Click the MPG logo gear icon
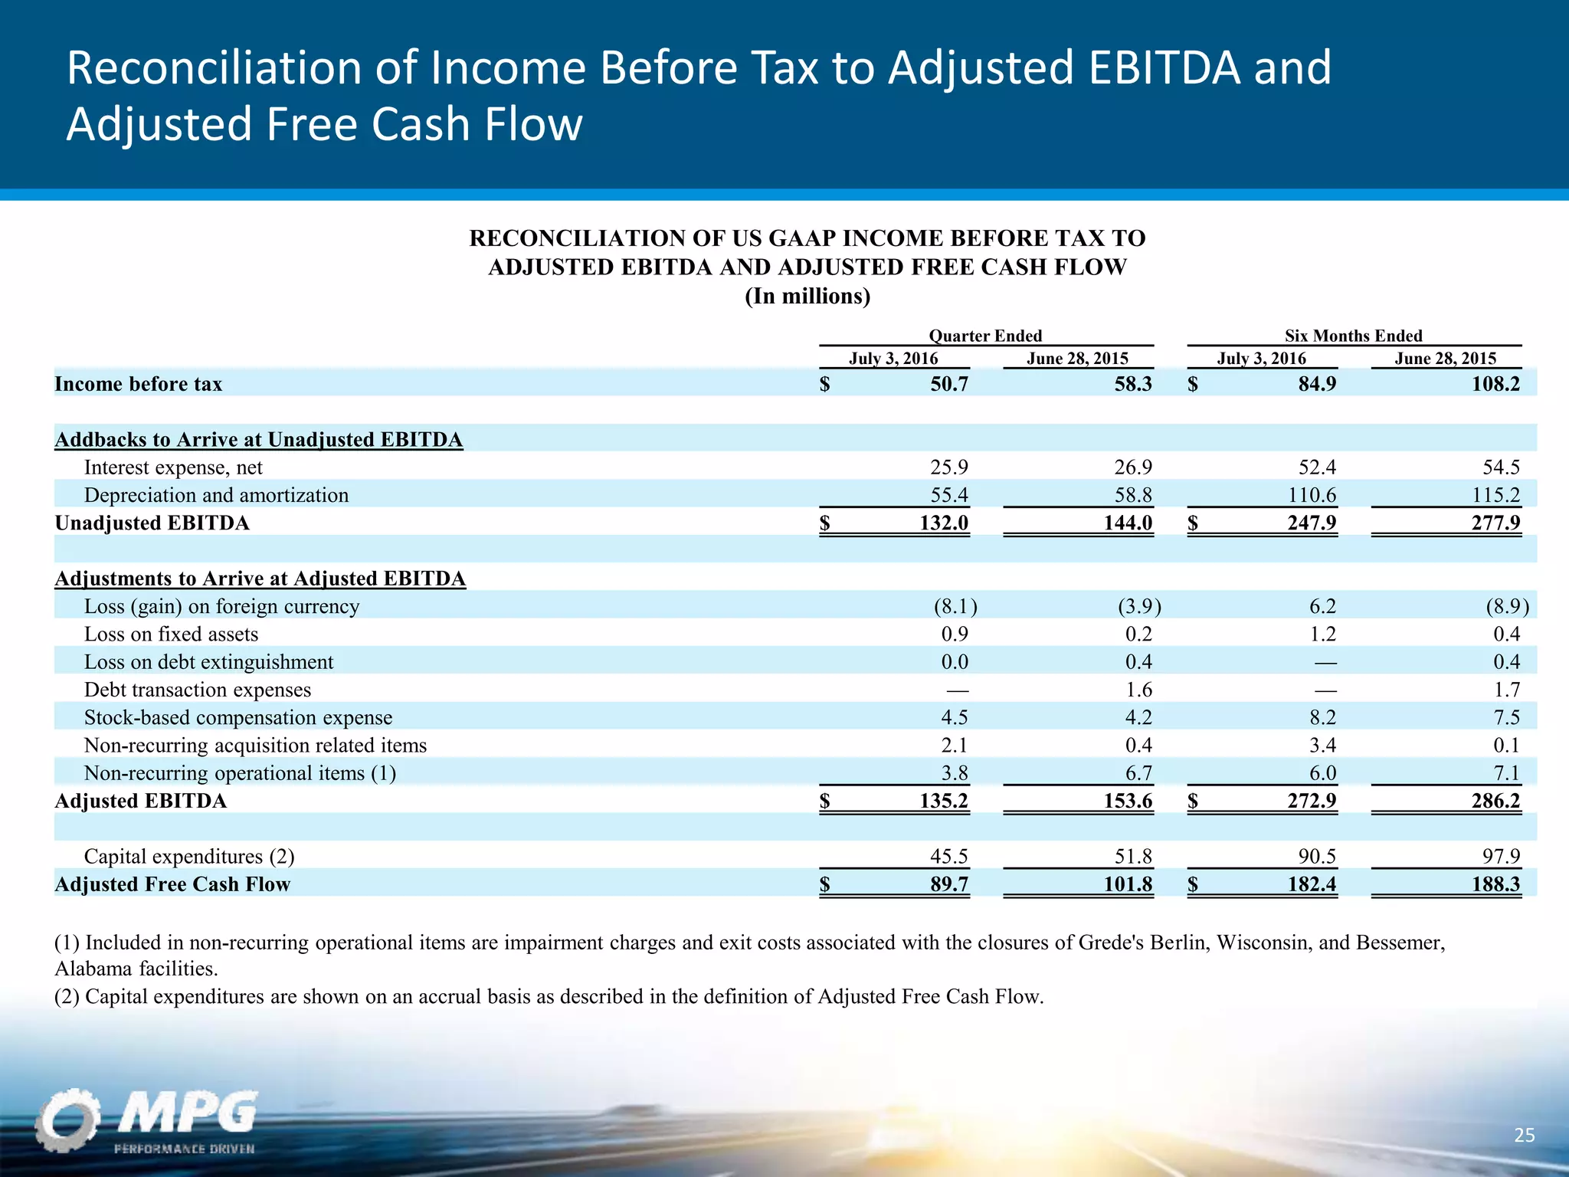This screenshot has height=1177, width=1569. pyautogui.click(x=67, y=1120)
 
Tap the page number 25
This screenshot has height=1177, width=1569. pyautogui.click(x=1525, y=1135)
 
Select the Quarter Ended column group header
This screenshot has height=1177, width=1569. pyautogui.click(x=985, y=336)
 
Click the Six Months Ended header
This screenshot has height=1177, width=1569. pyautogui.click(x=1353, y=336)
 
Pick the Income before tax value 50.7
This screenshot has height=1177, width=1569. pyautogui.click(x=949, y=384)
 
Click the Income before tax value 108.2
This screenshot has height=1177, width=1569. pyautogui.click(x=1495, y=384)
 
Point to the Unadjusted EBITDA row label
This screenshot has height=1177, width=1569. pyautogui.click(x=152, y=523)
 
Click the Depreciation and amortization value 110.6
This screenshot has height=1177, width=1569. pyautogui.click(x=1312, y=495)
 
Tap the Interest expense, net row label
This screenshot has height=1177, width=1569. pyautogui.click(x=173, y=467)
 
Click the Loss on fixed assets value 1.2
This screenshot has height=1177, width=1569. pyautogui.click(x=1322, y=634)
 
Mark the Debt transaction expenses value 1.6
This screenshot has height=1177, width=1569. pyautogui.click(x=1138, y=690)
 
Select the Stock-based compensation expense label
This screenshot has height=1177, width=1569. pyautogui.click(x=237, y=718)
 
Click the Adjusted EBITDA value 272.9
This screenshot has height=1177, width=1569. pyautogui.click(x=1312, y=801)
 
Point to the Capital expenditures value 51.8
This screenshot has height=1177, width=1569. pyautogui.click(x=1133, y=856)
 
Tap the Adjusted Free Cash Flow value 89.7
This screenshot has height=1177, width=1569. pyautogui.click(x=949, y=884)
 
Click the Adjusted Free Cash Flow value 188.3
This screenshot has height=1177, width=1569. pyautogui.click(x=1495, y=884)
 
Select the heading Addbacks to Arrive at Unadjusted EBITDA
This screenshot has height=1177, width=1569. pyautogui.click(x=258, y=440)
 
